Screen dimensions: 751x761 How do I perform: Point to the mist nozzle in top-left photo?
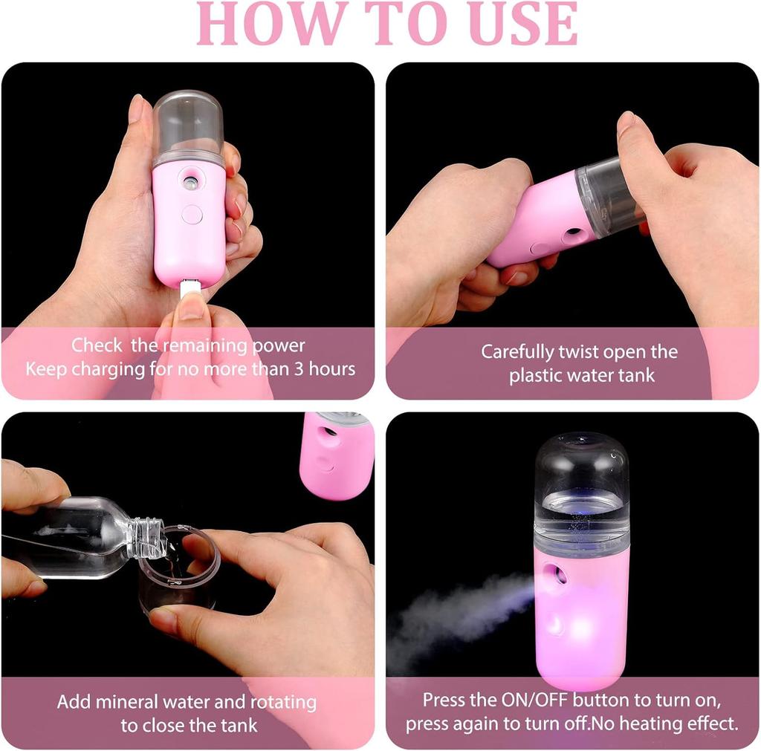[x=190, y=180]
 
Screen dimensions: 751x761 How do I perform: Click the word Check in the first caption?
[x=97, y=345]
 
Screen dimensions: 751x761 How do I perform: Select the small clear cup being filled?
[x=180, y=568]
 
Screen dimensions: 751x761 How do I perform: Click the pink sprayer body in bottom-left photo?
[x=336, y=455]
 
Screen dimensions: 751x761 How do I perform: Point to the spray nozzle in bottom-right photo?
[x=553, y=574]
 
